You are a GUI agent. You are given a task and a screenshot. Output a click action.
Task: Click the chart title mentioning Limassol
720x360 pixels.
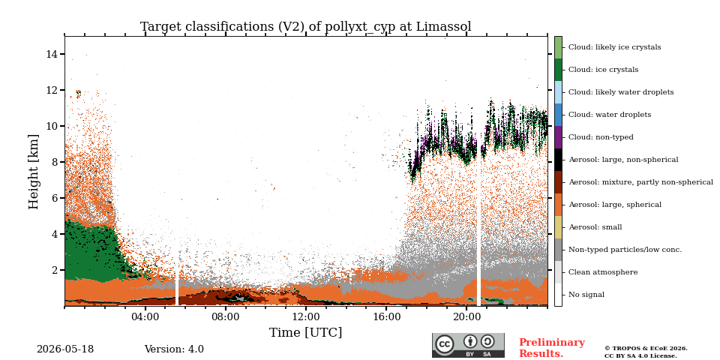coord(306,27)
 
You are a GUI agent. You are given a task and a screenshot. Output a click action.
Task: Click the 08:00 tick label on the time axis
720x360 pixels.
coord(226,316)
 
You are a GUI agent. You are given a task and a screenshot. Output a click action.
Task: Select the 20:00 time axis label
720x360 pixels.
coord(466,316)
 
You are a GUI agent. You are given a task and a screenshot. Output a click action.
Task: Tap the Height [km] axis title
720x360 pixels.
coord(34,172)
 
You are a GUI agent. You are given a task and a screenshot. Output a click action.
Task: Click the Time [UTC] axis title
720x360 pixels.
coord(305,332)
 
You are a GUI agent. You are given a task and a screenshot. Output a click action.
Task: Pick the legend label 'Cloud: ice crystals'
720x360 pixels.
coord(603,70)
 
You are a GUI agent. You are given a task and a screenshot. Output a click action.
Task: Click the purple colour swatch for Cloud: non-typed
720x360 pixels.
coord(558,137)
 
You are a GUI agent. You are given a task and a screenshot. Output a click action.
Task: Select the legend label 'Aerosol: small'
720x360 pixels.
coord(595,227)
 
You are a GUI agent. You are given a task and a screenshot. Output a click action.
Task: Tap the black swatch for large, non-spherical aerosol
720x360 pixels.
coord(558,160)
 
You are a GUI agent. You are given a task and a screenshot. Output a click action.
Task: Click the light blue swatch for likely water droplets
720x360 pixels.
coord(558,92)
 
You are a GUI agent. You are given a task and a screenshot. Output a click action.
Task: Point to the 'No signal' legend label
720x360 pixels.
coord(586,295)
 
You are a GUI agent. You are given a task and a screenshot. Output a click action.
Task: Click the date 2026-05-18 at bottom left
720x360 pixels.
coord(65,349)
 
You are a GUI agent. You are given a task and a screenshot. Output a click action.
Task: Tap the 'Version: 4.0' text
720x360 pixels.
coord(174,349)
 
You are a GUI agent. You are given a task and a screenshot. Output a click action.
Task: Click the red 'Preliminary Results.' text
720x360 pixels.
coord(552,348)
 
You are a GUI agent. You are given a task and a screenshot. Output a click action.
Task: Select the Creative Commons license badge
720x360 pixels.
coord(468,345)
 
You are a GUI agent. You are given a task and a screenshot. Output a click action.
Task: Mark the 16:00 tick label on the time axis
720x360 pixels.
coord(386,316)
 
